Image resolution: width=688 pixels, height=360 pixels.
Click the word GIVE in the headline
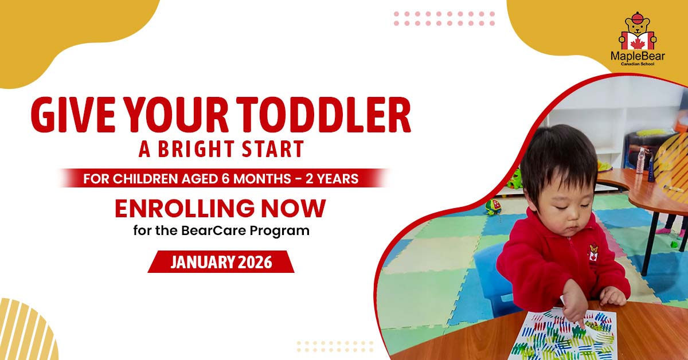point(73,115)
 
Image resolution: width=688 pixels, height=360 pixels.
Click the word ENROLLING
point(185,208)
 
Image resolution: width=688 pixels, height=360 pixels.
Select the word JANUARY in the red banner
point(202,262)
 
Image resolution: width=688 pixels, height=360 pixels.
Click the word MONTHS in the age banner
point(262,178)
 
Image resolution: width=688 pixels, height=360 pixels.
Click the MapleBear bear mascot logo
point(638,31)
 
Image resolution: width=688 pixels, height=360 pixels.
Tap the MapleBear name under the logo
point(638,56)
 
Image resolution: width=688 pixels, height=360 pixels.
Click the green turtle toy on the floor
point(493,207)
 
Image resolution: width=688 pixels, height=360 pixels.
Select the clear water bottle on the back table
point(641,160)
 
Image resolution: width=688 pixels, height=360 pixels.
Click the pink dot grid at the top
point(444,18)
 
